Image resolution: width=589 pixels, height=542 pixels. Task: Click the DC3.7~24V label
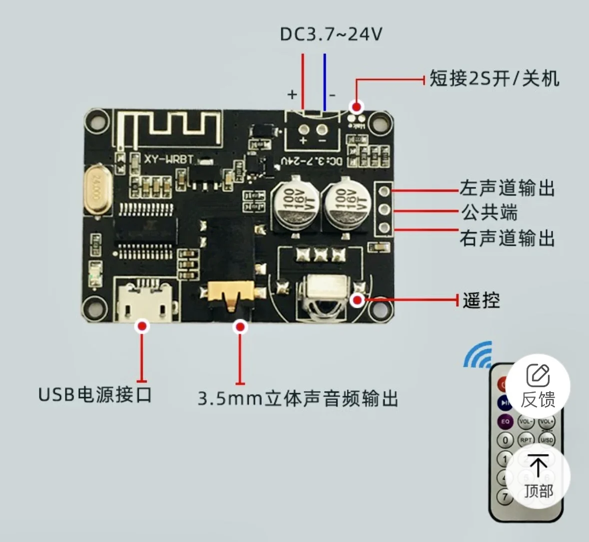[331, 34]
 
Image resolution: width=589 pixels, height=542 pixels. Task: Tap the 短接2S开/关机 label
[494, 78]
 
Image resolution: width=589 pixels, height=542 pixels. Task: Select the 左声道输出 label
[507, 188]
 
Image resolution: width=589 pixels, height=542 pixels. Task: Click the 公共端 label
[489, 213]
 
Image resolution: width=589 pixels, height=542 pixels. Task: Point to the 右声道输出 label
[507, 238]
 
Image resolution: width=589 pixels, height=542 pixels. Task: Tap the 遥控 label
[481, 300]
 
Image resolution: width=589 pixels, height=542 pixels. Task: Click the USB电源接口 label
[95, 395]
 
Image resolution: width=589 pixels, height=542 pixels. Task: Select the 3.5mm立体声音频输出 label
[298, 399]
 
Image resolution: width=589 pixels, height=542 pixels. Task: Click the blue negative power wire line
[325, 82]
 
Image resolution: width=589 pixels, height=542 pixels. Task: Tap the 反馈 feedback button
[538, 385]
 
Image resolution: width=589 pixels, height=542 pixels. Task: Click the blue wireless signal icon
[478, 354]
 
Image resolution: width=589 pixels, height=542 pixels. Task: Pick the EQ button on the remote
[505, 422]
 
